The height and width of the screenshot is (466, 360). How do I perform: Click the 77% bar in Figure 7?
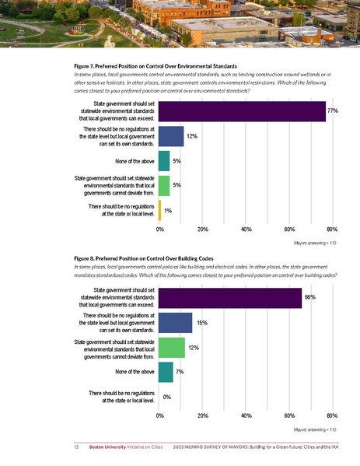[x=242, y=111]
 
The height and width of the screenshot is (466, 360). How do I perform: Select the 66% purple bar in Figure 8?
[x=230, y=297]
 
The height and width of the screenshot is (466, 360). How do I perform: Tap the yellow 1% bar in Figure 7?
[x=160, y=210]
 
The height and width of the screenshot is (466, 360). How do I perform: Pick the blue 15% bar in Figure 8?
[x=176, y=322]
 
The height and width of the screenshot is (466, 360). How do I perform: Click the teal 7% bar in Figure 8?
[x=166, y=372]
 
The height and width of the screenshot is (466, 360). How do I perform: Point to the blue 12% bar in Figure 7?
[x=172, y=136]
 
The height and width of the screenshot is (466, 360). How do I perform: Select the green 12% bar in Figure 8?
[x=173, y=347]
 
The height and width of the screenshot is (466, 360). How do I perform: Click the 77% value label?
[x=332, y=111]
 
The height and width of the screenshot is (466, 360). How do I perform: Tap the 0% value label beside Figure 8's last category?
[x=166, y=397]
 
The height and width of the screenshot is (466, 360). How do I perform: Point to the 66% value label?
[x=309, y=297]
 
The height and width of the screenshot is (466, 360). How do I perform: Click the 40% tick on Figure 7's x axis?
[x=246, y=229]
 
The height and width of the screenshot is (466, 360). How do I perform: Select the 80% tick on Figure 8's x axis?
[x=331, y=415]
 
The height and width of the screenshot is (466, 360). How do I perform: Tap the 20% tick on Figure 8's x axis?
[x=202, y=415]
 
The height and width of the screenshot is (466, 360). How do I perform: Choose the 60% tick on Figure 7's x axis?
[x=288, y=229]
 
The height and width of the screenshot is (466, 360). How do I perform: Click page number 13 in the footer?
[x=76, y=448]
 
